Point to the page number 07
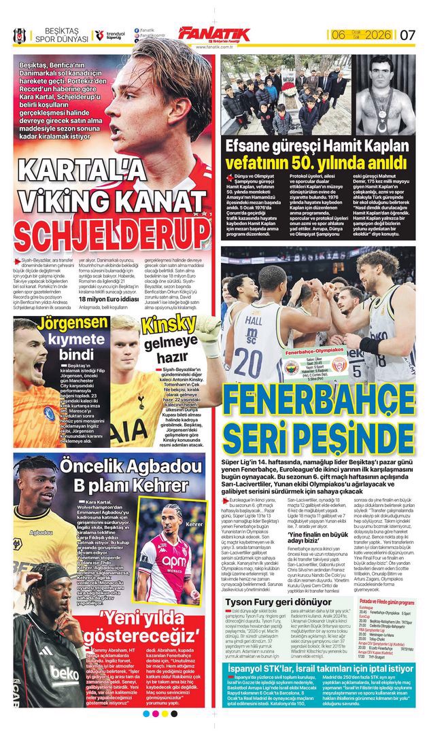click(407, 35)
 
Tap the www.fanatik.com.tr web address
click(215, 47)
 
